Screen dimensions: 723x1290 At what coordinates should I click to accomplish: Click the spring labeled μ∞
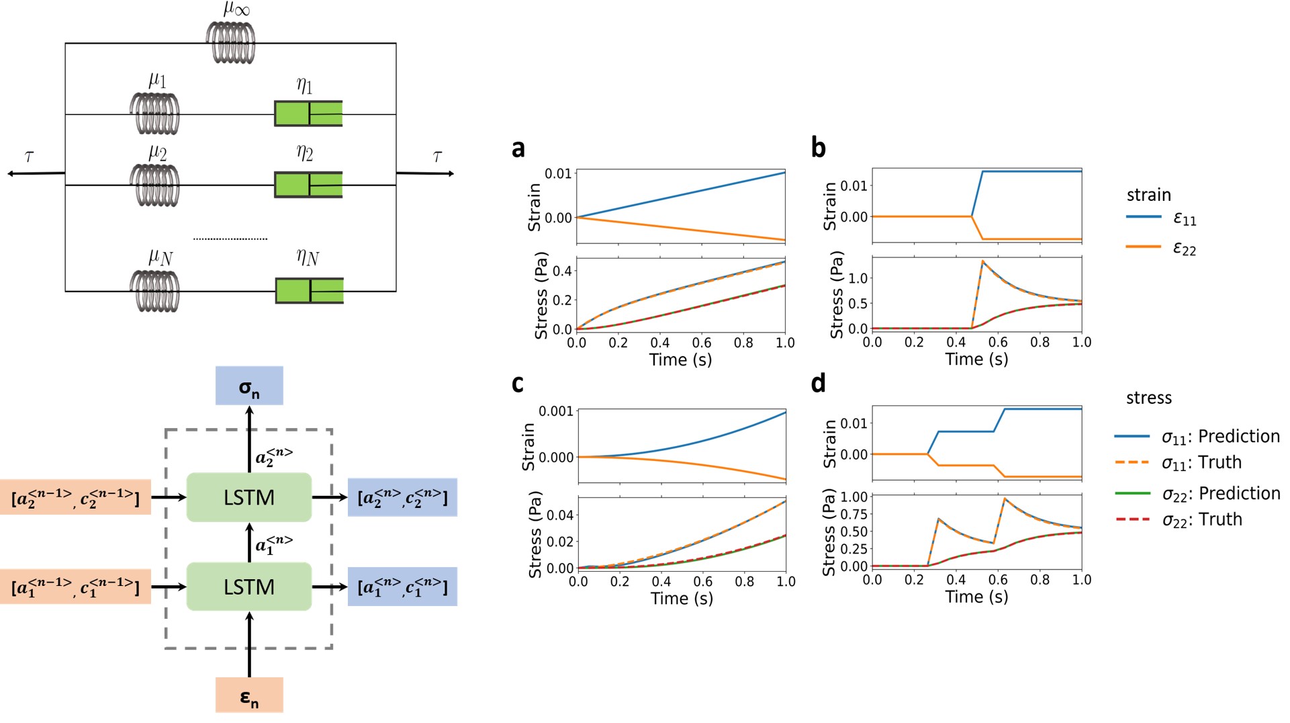pos(230,43)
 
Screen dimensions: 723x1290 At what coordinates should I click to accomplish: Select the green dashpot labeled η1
pos(308,114)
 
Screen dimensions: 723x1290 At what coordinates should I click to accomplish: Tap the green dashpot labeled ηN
pos(310,291)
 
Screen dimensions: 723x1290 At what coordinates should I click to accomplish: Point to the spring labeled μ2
pos(154,185)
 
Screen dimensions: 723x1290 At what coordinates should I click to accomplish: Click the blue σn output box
pos(249,386)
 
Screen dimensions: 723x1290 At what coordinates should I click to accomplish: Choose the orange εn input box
pos(249,695)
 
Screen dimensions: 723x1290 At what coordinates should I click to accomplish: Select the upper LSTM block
pos(249,497)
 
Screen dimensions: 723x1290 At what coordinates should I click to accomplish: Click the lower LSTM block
pos(249,587)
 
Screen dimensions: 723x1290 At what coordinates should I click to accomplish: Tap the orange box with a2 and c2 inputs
pos(75,497)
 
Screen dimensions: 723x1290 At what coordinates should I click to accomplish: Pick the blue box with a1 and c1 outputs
pos(402,587)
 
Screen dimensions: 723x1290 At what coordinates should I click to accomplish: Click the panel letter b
pos(818,148)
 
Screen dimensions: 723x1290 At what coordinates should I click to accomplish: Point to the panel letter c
pos(517,383)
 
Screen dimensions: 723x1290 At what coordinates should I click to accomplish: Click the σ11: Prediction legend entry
pos(1197,437)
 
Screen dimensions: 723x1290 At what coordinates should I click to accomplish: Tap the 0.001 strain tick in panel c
pos(556,411)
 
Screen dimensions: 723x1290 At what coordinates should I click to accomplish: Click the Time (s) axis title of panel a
pos(680,360)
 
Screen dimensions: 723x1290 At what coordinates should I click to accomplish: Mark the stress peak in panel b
pos(983,261)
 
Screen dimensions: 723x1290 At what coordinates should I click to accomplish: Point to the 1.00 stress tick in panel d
pos(854,497)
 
